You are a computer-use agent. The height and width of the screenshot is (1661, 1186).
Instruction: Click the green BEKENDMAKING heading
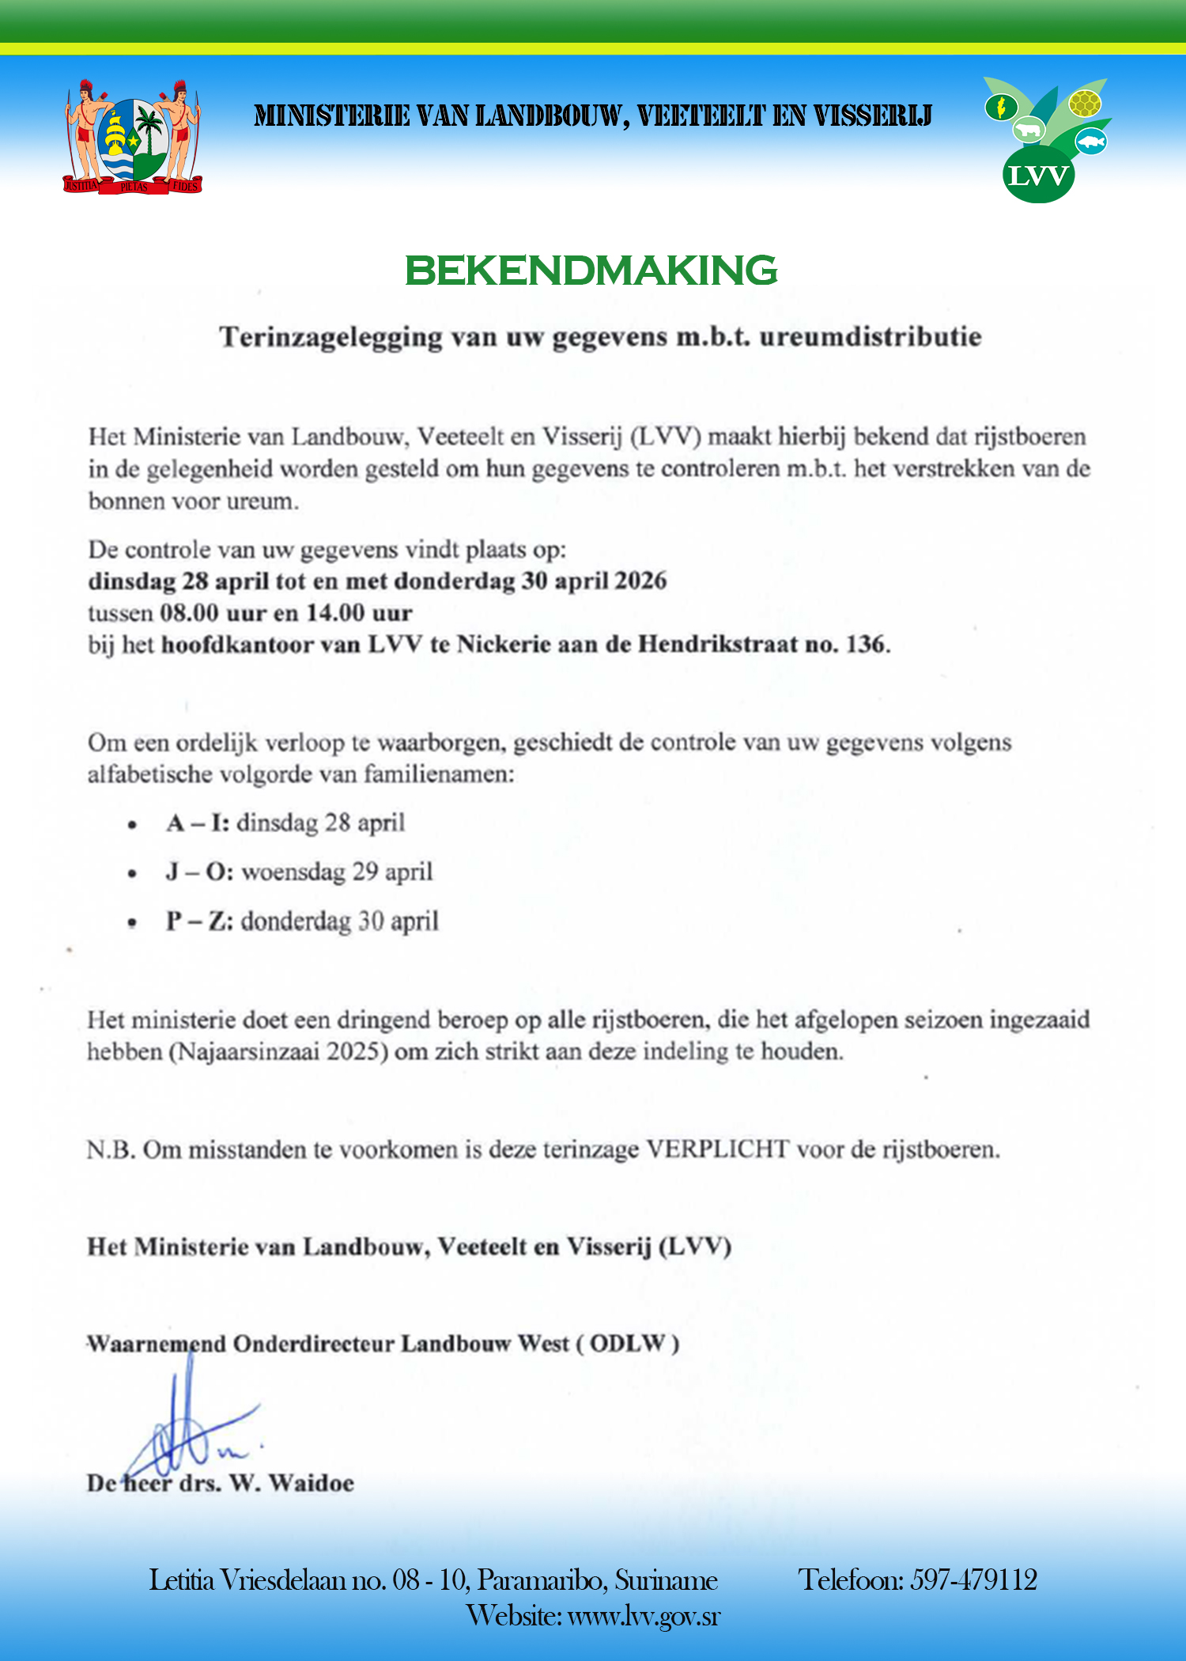pos(591,271)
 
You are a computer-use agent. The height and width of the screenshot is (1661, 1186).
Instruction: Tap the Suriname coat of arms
pos(133,136)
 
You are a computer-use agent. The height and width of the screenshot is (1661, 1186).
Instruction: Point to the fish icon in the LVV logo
pos(1092,142)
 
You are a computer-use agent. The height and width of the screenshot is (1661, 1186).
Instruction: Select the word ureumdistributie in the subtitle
pos(871,337)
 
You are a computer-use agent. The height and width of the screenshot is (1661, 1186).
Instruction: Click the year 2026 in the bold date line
pos(640,581)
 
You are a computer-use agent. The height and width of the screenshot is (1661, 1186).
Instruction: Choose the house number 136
pos(867,645)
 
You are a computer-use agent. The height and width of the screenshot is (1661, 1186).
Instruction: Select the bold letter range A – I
pos(198,823)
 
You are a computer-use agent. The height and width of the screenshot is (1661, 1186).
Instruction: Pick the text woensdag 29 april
pos(338,872)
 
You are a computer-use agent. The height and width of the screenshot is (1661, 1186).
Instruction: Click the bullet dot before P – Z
pos(132,923)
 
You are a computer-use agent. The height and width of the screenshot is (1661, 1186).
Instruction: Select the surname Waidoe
pos(311,1483)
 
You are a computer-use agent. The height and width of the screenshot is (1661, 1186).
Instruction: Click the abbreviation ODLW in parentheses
pos(628,1344)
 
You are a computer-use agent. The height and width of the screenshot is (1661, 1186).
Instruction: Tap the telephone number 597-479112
pos(973,1580)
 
